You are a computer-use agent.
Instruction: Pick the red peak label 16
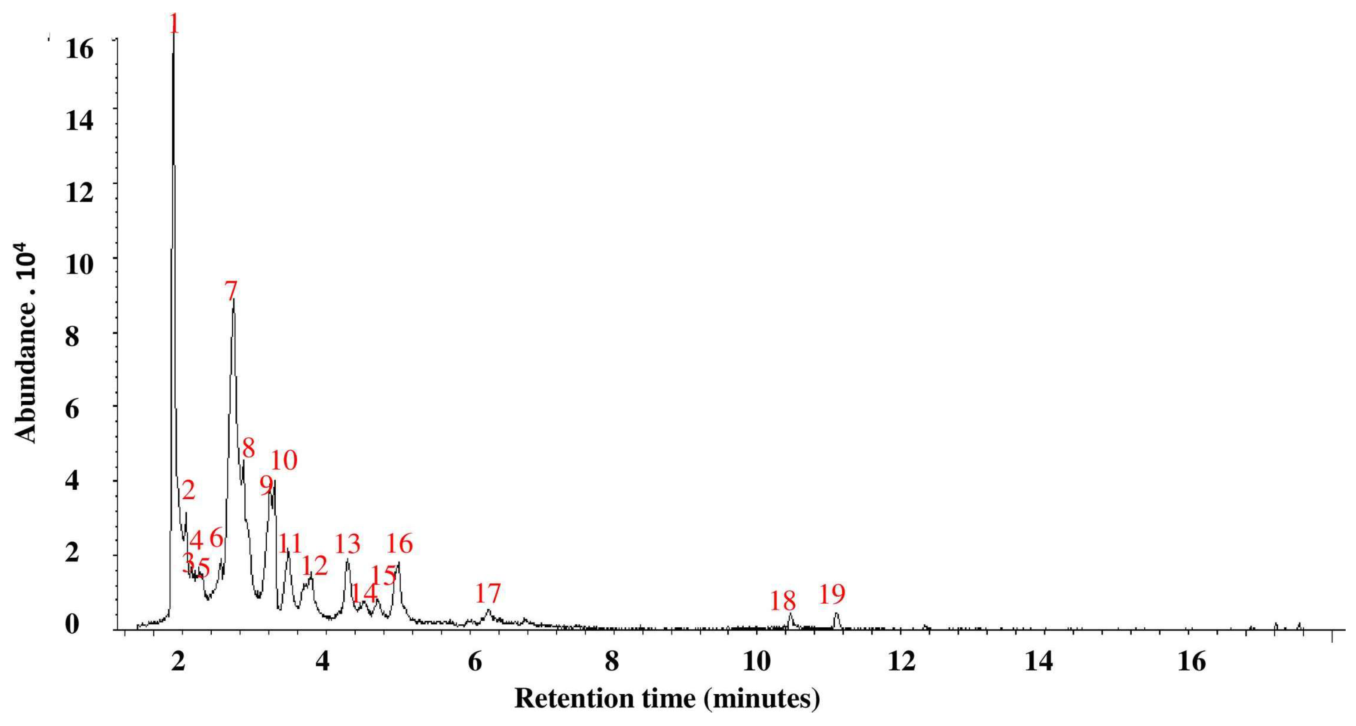400,543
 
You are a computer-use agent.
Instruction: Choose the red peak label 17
488,593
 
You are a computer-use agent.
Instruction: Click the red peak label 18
783,601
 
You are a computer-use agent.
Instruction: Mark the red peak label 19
832,595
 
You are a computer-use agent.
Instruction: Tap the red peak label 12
315,566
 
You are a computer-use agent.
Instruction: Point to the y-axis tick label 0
72,624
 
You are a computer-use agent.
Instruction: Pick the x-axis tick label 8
612,661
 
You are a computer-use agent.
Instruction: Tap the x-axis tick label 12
902,661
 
